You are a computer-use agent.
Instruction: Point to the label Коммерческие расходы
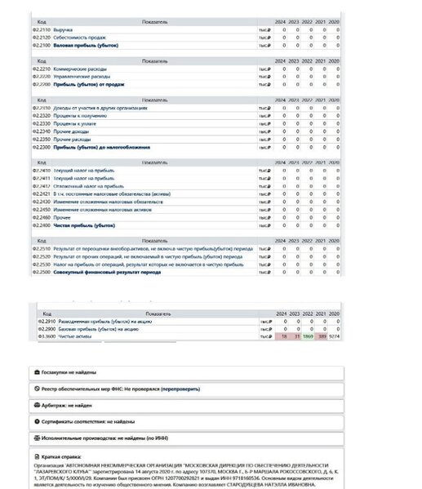click(x=81, y=68)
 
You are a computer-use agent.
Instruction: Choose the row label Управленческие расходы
click(x=82, y=75)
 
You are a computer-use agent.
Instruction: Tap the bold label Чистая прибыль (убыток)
click(x=81, y=224)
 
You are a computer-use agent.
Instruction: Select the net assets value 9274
click(x=335, y=336)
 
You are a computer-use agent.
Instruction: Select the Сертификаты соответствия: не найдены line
click(x=90, y=420)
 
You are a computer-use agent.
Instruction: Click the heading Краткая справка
click(x=65, y=455)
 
